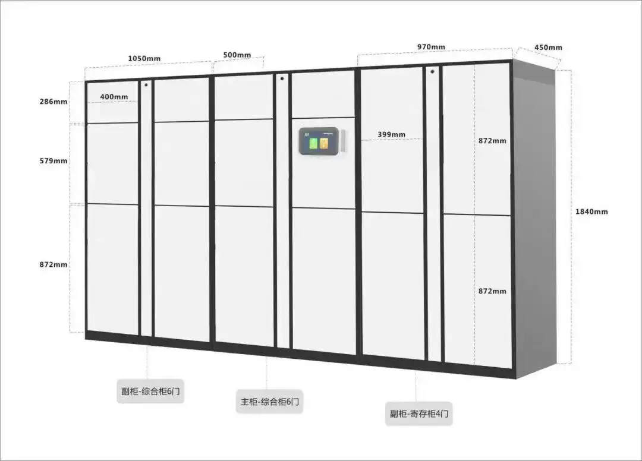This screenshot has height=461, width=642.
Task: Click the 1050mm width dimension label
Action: [x=144, y=58]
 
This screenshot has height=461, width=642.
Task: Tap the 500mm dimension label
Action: [x=237, y=55]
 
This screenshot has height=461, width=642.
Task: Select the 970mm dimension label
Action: [x=431, y=47]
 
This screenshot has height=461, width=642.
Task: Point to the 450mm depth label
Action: [x=548, y=48]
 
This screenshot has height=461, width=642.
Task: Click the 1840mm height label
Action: [x=591, y=211]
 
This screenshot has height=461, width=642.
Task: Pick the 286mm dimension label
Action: [x=53, y=102]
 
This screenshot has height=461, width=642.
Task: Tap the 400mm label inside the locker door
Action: [x=114, y=97]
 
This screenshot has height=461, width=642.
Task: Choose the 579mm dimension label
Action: [x=53, y=161]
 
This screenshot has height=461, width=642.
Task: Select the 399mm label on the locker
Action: [x=391, y=134]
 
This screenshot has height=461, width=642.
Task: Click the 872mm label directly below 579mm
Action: [x=53, y=264]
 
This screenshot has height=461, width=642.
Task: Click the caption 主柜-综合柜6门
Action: [x=270, y=402]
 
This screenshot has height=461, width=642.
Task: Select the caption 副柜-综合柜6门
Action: [x=150, y=392]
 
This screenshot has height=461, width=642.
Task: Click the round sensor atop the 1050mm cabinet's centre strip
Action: [x=146, y=84]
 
